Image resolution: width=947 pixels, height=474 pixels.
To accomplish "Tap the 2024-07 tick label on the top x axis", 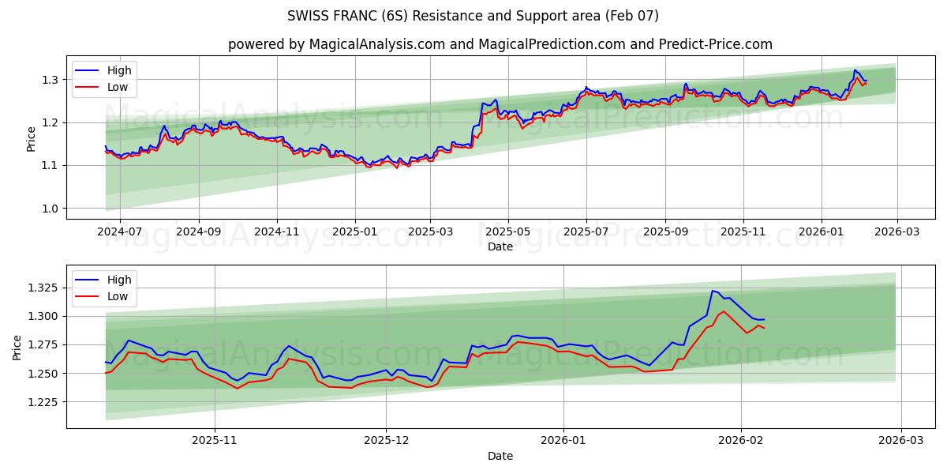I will tap(120, 232).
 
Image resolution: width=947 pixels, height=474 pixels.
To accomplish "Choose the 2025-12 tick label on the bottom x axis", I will tap(386, 441).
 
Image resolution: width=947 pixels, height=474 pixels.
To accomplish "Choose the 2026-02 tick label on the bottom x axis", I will tap(742, 441).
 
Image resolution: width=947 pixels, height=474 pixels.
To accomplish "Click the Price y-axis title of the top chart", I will tap(31, 139).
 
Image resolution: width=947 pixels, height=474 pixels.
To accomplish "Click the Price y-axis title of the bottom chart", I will tap(17, 348).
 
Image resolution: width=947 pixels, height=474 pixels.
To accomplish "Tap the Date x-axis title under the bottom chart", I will tap(500, 456).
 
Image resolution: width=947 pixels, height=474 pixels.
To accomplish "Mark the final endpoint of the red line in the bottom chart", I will tap(764, 328).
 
